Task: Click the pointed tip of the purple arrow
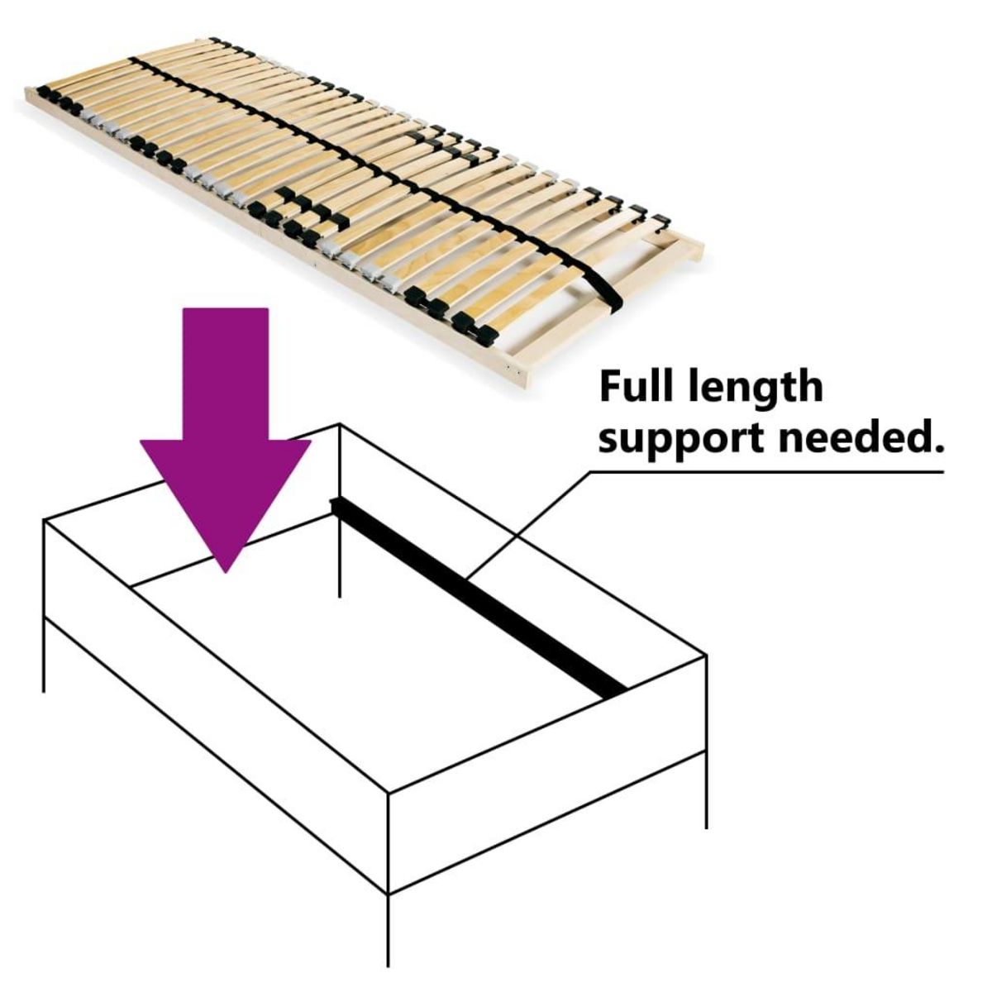pyautogui.click(x=225, y=569)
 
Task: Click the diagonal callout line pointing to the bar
pyautogui.click(x=529, y=525)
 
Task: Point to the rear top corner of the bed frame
pyautogui.click(x=340, y=426)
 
